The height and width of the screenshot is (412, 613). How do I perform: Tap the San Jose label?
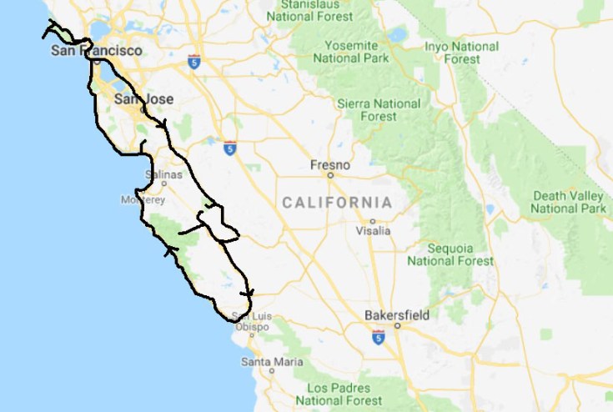point(143,99)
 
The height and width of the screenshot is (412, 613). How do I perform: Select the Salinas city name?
point(163,174)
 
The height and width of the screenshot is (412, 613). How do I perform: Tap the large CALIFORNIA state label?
point(336,203)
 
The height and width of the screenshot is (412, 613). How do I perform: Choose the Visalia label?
point(373,230)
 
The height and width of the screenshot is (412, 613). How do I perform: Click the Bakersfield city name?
point(397,315)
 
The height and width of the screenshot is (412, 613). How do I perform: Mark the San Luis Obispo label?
point(250,321)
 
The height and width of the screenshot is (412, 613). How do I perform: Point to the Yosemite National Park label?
point(350,51)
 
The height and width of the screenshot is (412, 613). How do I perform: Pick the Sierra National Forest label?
point(379,110)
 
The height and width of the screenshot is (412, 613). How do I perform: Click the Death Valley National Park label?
point(567,201)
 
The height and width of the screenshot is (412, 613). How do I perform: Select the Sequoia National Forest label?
point(450,254)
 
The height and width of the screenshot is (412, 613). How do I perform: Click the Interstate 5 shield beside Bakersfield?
point(379,338)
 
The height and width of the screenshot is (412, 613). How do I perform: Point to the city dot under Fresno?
point(330,176)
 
